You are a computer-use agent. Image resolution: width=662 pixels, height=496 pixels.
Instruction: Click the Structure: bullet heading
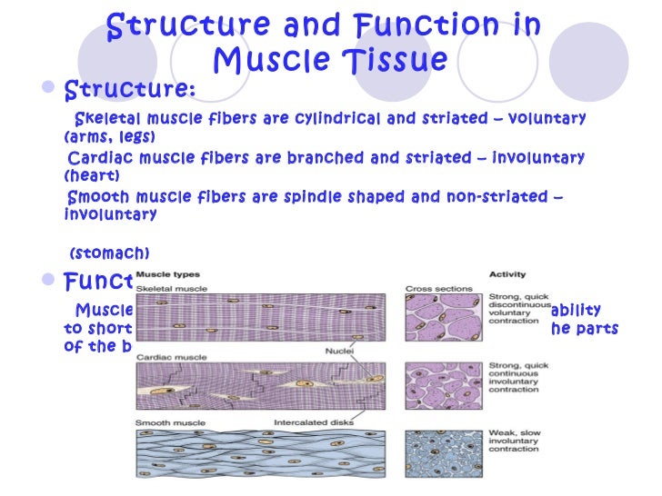click(130, 90)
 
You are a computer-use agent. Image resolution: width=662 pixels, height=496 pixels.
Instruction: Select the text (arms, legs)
click(110, 136)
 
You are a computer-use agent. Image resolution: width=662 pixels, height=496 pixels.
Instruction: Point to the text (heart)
click(92, 175)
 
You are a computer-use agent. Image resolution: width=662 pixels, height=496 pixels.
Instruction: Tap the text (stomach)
click(109, 253)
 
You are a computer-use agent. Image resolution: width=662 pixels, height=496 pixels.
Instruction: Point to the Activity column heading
click(507, 273)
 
